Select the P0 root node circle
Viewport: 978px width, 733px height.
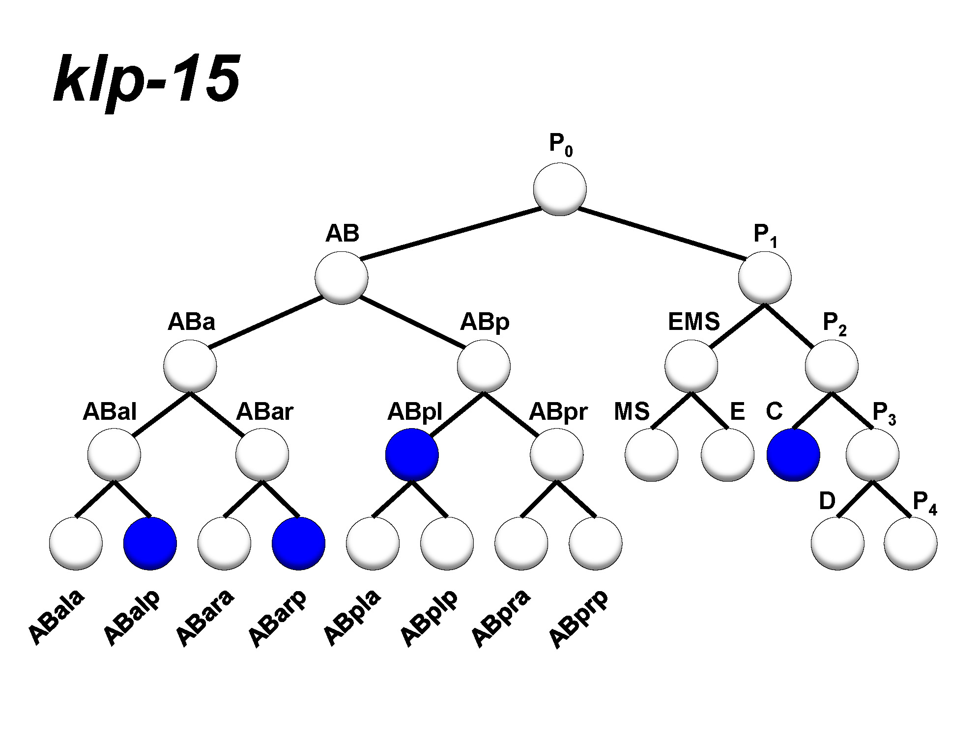coord(560,190)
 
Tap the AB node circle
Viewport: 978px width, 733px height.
coord(342,278)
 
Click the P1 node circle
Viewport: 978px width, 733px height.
coord(765,278)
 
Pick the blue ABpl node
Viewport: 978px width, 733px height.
coord(412,455)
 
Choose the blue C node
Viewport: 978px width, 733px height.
coord(793,455)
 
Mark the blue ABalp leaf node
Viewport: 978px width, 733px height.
coord(150,543)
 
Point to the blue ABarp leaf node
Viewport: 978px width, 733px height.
coord(298,543)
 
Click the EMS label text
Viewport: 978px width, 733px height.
coord(693,322)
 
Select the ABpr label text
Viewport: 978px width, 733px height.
coord(558,411)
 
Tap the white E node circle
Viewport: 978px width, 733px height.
coord(727,455)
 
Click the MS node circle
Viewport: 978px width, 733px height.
coord(652,455)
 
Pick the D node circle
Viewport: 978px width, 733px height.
coord(837,543)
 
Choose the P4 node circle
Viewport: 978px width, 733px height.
coord(911,543)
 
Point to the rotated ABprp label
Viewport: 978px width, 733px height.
coord(578,620)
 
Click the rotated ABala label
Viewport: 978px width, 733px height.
coord(57,618)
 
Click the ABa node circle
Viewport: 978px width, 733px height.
coord(190,366)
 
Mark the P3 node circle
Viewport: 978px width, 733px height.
coord(872,455)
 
